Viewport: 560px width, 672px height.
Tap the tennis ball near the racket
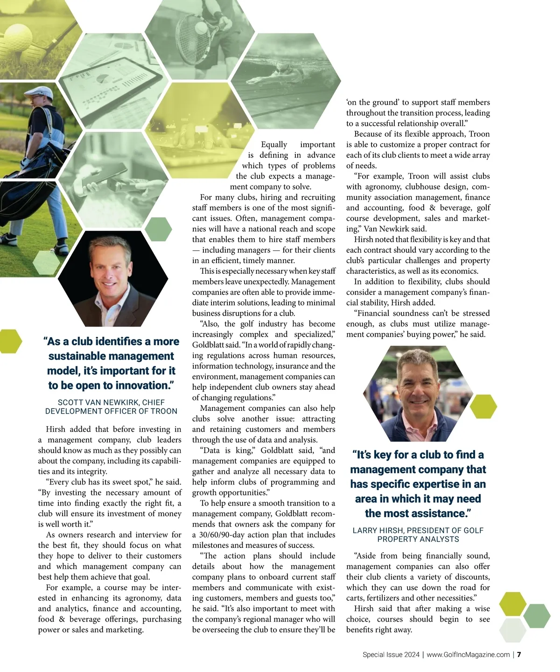(x=201, y=28)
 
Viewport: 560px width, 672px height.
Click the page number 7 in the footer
(x=519, y=655)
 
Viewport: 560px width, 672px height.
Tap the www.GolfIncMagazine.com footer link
(x=468, y=655)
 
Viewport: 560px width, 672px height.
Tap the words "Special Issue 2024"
(x=391, y=655)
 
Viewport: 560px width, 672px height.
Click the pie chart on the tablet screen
(x=103, y=79)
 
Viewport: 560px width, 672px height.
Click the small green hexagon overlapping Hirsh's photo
(x=483, y=407)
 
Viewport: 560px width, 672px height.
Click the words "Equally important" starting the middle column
(x=298, y=145)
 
